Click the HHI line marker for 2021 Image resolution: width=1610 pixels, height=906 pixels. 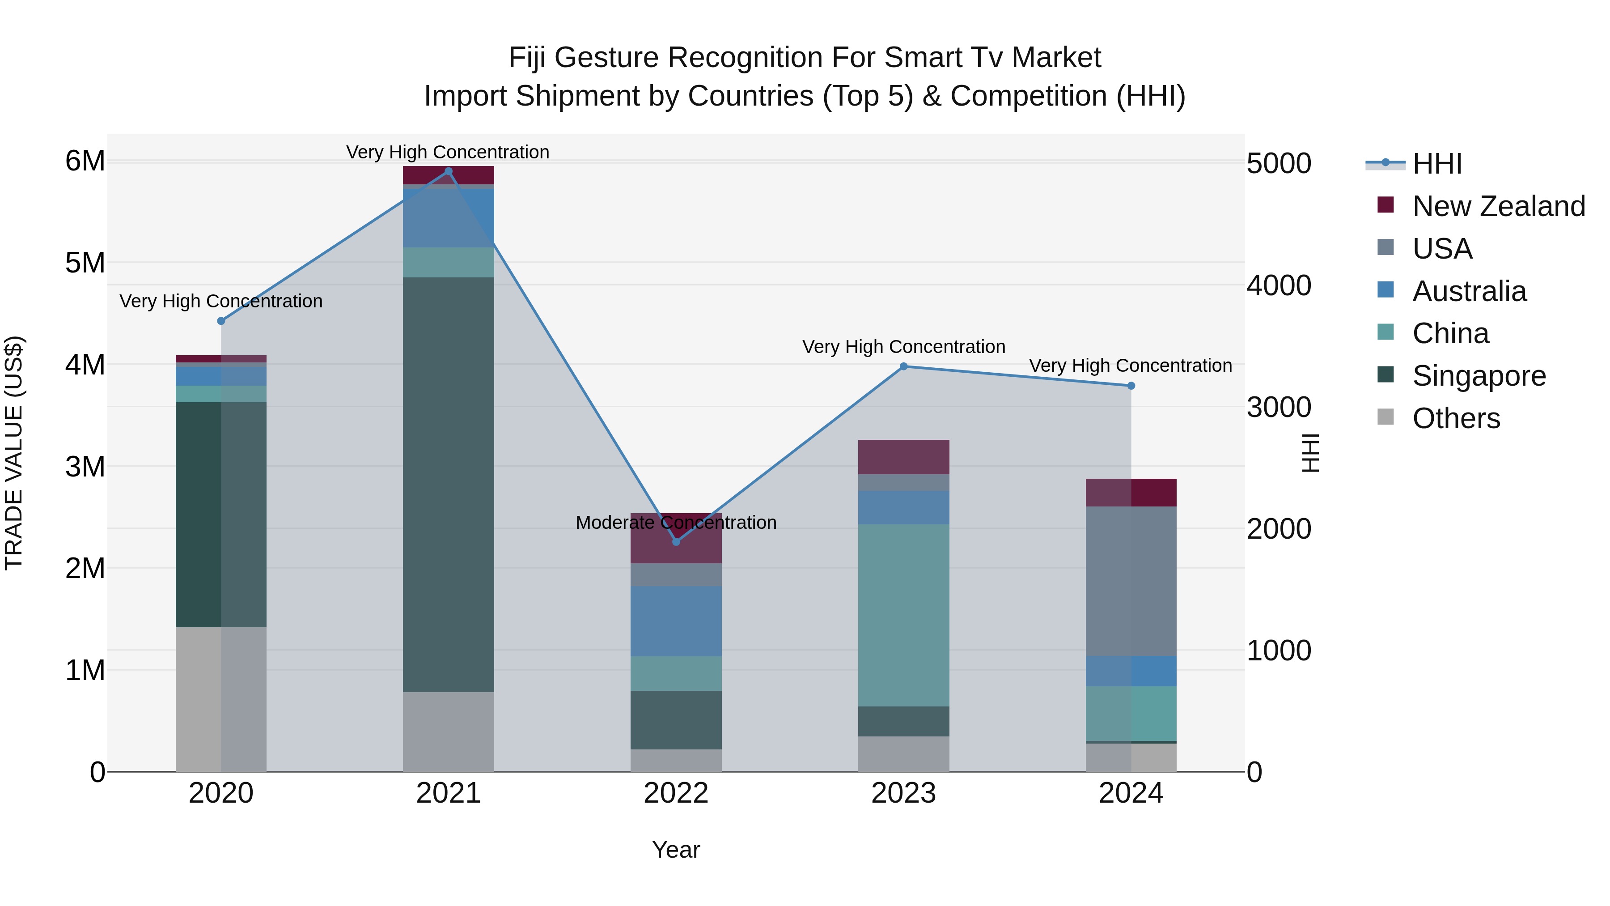pos(448,171)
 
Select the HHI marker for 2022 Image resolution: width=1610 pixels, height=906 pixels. pos(676,541)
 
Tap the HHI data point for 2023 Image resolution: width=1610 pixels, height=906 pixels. pos(903,366)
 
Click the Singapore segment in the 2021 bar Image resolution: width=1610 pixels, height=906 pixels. pos(448,485)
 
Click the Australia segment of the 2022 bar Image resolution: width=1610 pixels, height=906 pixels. pos(676,621)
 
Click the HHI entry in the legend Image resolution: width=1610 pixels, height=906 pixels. pos(1436,164)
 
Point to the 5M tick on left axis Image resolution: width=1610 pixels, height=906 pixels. pos(85,263)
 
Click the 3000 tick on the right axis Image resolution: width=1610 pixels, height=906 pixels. pos(1279,407)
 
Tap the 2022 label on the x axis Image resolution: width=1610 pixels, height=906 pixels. pos(676,793)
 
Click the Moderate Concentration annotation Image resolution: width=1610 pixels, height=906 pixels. pos(676,522)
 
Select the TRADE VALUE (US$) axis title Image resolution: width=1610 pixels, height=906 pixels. pos(14,453)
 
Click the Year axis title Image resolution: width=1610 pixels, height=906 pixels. pos(676,850)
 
